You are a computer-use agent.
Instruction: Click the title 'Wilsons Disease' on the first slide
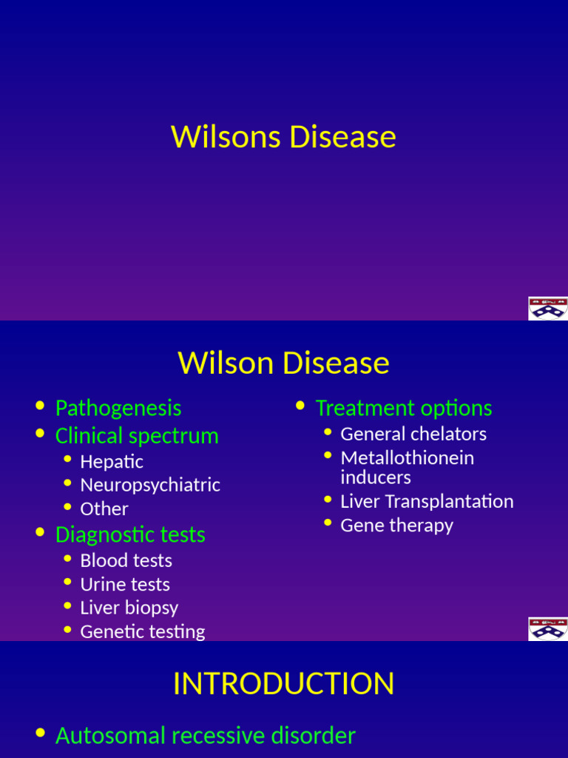[283, 138]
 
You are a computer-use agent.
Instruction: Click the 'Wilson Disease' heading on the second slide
[283, 363]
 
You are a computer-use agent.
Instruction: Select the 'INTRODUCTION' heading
[283, 684]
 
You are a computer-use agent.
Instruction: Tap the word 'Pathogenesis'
[118, 408]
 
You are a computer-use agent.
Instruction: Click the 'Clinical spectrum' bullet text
[137, 435]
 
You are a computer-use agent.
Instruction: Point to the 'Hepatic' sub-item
[112, 462]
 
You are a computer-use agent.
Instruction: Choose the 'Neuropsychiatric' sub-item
[150, 485]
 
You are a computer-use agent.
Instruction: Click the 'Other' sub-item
[104, 509]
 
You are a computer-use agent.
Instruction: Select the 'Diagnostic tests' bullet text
[130, 534]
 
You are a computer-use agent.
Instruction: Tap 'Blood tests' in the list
[126, 560]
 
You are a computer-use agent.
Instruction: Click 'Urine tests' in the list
[125, 584]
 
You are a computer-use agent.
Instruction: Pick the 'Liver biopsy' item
[129, 608]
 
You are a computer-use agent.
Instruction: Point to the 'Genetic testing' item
[143, 631]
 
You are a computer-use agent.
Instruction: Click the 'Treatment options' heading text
[403, 408]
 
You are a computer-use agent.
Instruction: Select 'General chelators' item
[413, 434]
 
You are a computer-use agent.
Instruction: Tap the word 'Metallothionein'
[407, 457]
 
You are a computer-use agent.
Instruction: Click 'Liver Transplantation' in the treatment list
[427, 501]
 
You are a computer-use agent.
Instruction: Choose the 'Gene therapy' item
[396, 525]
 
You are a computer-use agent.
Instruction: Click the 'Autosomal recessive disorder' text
[206, 735]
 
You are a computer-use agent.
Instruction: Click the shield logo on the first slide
[547, 308]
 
